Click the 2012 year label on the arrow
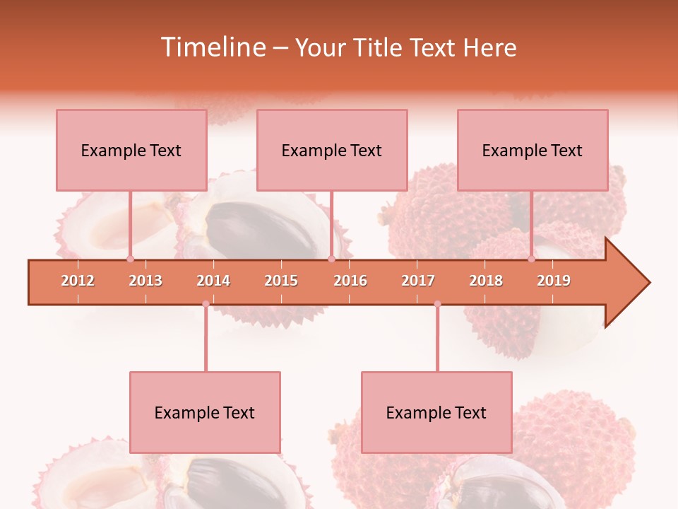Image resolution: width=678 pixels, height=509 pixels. click(x=78, y=281)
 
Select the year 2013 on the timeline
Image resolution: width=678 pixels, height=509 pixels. click(x=145, y=281)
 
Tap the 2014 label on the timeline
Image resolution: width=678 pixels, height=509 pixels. click(x=213, y=281)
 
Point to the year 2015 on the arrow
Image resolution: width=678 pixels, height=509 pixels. click(x=281, y=281)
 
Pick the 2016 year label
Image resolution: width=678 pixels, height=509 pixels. click(x=350, y=281)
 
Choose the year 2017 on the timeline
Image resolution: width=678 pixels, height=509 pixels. click(x=418, y=281)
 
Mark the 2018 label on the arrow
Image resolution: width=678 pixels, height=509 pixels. click(x=486, y=281)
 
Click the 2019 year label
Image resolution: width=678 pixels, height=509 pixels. click(x=554, y=281)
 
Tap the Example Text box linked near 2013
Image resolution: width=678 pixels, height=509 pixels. click(x=131, y=150)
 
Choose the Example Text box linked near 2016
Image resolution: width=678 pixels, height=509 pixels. click(x=332, y=150)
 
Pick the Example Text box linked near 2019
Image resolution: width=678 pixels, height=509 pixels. click(x=533, y=150)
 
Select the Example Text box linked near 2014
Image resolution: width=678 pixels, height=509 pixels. click(x=205, y=412)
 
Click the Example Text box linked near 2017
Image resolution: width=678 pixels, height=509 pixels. click(x=436, y=412)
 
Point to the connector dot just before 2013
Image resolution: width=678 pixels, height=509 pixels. click(x=131, y=259)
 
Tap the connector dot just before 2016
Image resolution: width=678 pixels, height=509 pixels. click(x=331, y=259)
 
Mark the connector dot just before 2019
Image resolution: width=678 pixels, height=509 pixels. click(x=532, y=259)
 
